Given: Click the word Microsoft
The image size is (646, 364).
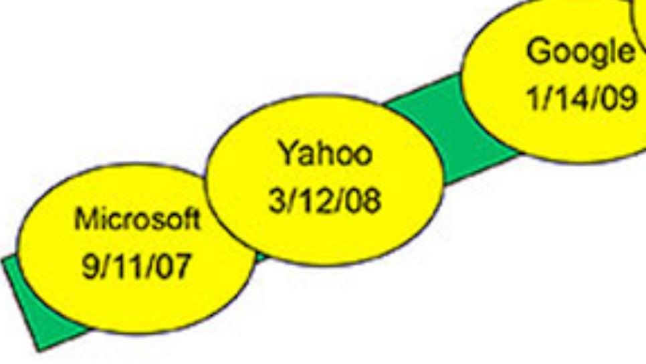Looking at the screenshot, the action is (x=137, y=219).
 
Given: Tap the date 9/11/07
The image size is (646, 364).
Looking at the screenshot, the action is (x=137, y=266).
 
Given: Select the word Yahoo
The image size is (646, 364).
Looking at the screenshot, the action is (x=326, y=153).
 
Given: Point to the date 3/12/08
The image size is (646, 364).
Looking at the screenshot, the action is (x=324, y=201).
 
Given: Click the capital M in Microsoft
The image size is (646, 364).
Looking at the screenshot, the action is (x=84, y=219).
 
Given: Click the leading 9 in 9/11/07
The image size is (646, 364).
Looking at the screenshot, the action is (x=89, y=266).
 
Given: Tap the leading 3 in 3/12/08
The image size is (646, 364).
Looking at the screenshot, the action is (x=276, y=201).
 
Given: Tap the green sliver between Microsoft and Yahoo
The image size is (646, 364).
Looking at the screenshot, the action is (x=261, y=256).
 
